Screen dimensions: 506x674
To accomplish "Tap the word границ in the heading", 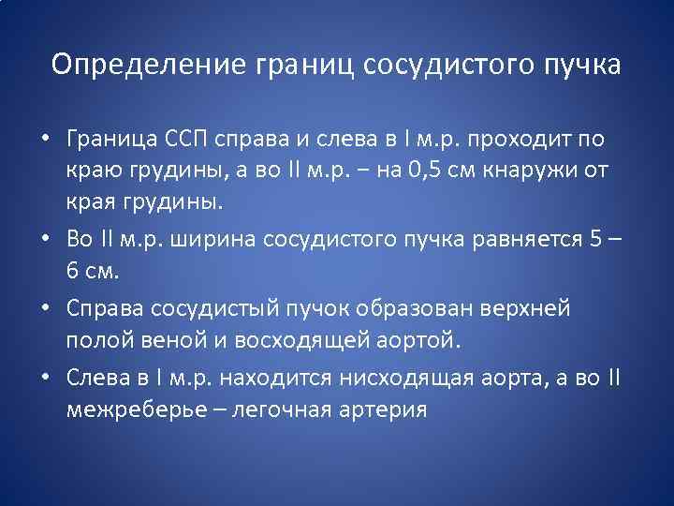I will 302,65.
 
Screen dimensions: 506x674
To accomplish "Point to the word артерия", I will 388,409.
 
